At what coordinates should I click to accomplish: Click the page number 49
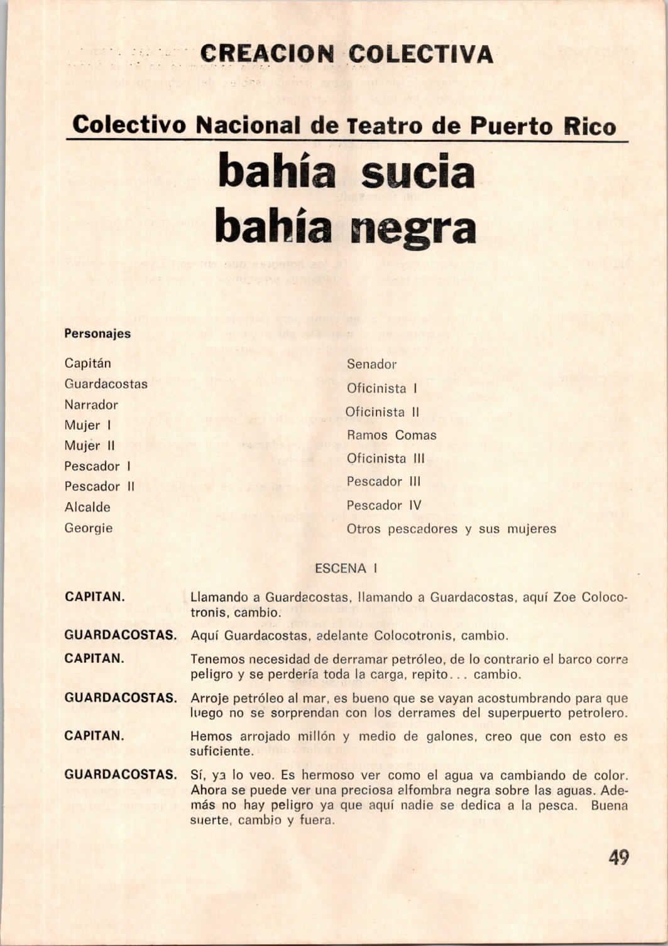(x=618, y=857)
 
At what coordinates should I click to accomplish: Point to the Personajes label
(x=97, y=333)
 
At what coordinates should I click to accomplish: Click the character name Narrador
(x=91, y=405)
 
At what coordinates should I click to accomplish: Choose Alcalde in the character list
(x=87, y=507)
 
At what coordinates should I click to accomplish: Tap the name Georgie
(x=89, y=528)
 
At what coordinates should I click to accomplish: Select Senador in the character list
(x=371, y=364)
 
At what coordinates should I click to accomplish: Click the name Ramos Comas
(x=391, y=435)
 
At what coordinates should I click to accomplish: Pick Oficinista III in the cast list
(x=386, y=458)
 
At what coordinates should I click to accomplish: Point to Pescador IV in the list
(x=384, y=505)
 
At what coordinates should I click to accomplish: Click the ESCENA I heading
(x=346, y=569)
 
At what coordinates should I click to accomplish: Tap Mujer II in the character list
(x=89, y=446)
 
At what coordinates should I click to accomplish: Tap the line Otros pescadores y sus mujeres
(x=451, y=529)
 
